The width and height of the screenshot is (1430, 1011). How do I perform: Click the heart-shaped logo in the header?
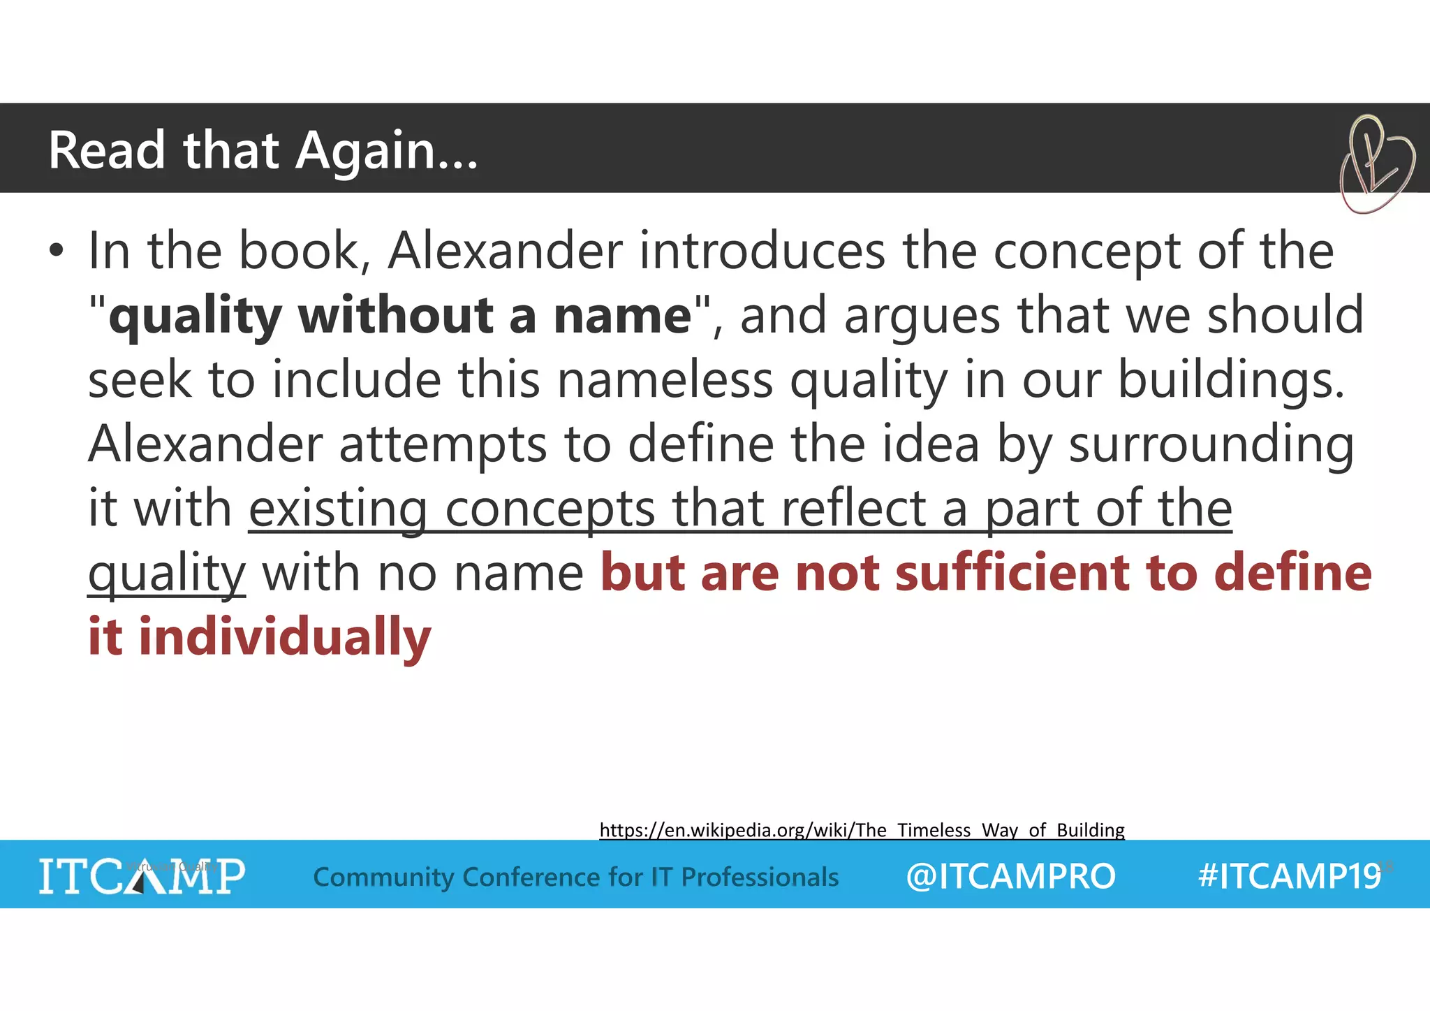click(1376, 165)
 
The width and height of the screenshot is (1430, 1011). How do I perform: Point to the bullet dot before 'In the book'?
click(57, 252)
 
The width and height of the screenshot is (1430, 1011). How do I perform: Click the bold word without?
click(396, 316)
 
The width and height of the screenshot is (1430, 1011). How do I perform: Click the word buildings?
click(1231, 381)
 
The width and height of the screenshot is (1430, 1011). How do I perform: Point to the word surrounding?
click(1211, 445)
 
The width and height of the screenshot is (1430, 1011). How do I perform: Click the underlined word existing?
click(338, 509)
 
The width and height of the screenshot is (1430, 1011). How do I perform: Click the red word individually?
click(285, 637)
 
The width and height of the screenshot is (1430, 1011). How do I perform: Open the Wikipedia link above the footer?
click(862, 830)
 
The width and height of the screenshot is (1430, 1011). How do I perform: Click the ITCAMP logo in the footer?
click(142, 876)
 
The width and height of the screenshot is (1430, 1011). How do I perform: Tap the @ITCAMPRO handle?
click(1010, 876)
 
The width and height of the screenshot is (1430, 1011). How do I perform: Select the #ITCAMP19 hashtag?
click(1289, 876)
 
